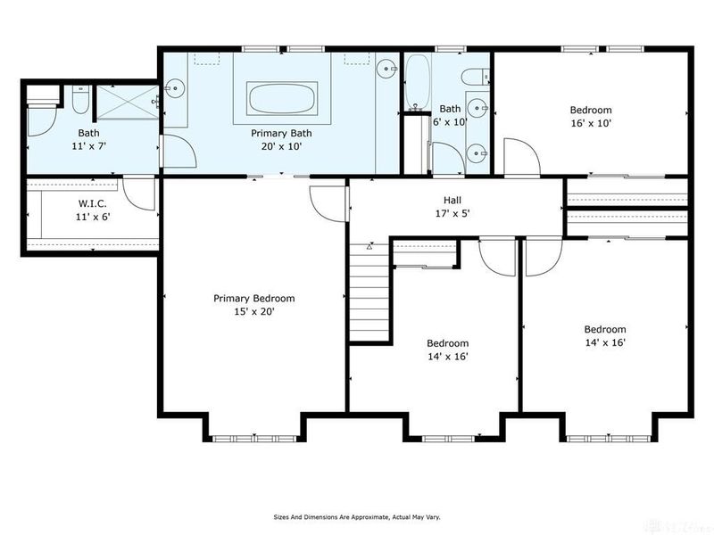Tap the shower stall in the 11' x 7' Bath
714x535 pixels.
(x=128, y=100)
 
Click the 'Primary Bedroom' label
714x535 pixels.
(x=253, y=299)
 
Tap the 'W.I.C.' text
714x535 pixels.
(x=93, y=203)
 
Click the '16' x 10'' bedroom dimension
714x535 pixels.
(x=591, y=124)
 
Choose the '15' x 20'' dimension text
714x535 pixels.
(x=253, y=312)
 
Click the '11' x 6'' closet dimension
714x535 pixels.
(x=93, y=217)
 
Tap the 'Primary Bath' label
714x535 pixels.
(x=280, y=133)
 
